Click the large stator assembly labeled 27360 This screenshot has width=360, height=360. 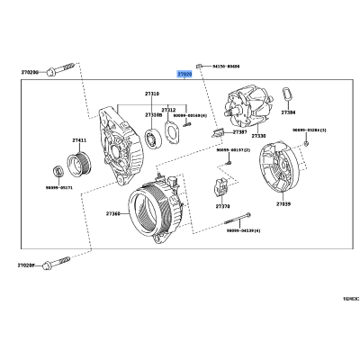pos(158,211)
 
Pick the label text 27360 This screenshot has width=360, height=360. pos(112,213)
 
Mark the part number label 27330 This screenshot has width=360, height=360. pos(259,137)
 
